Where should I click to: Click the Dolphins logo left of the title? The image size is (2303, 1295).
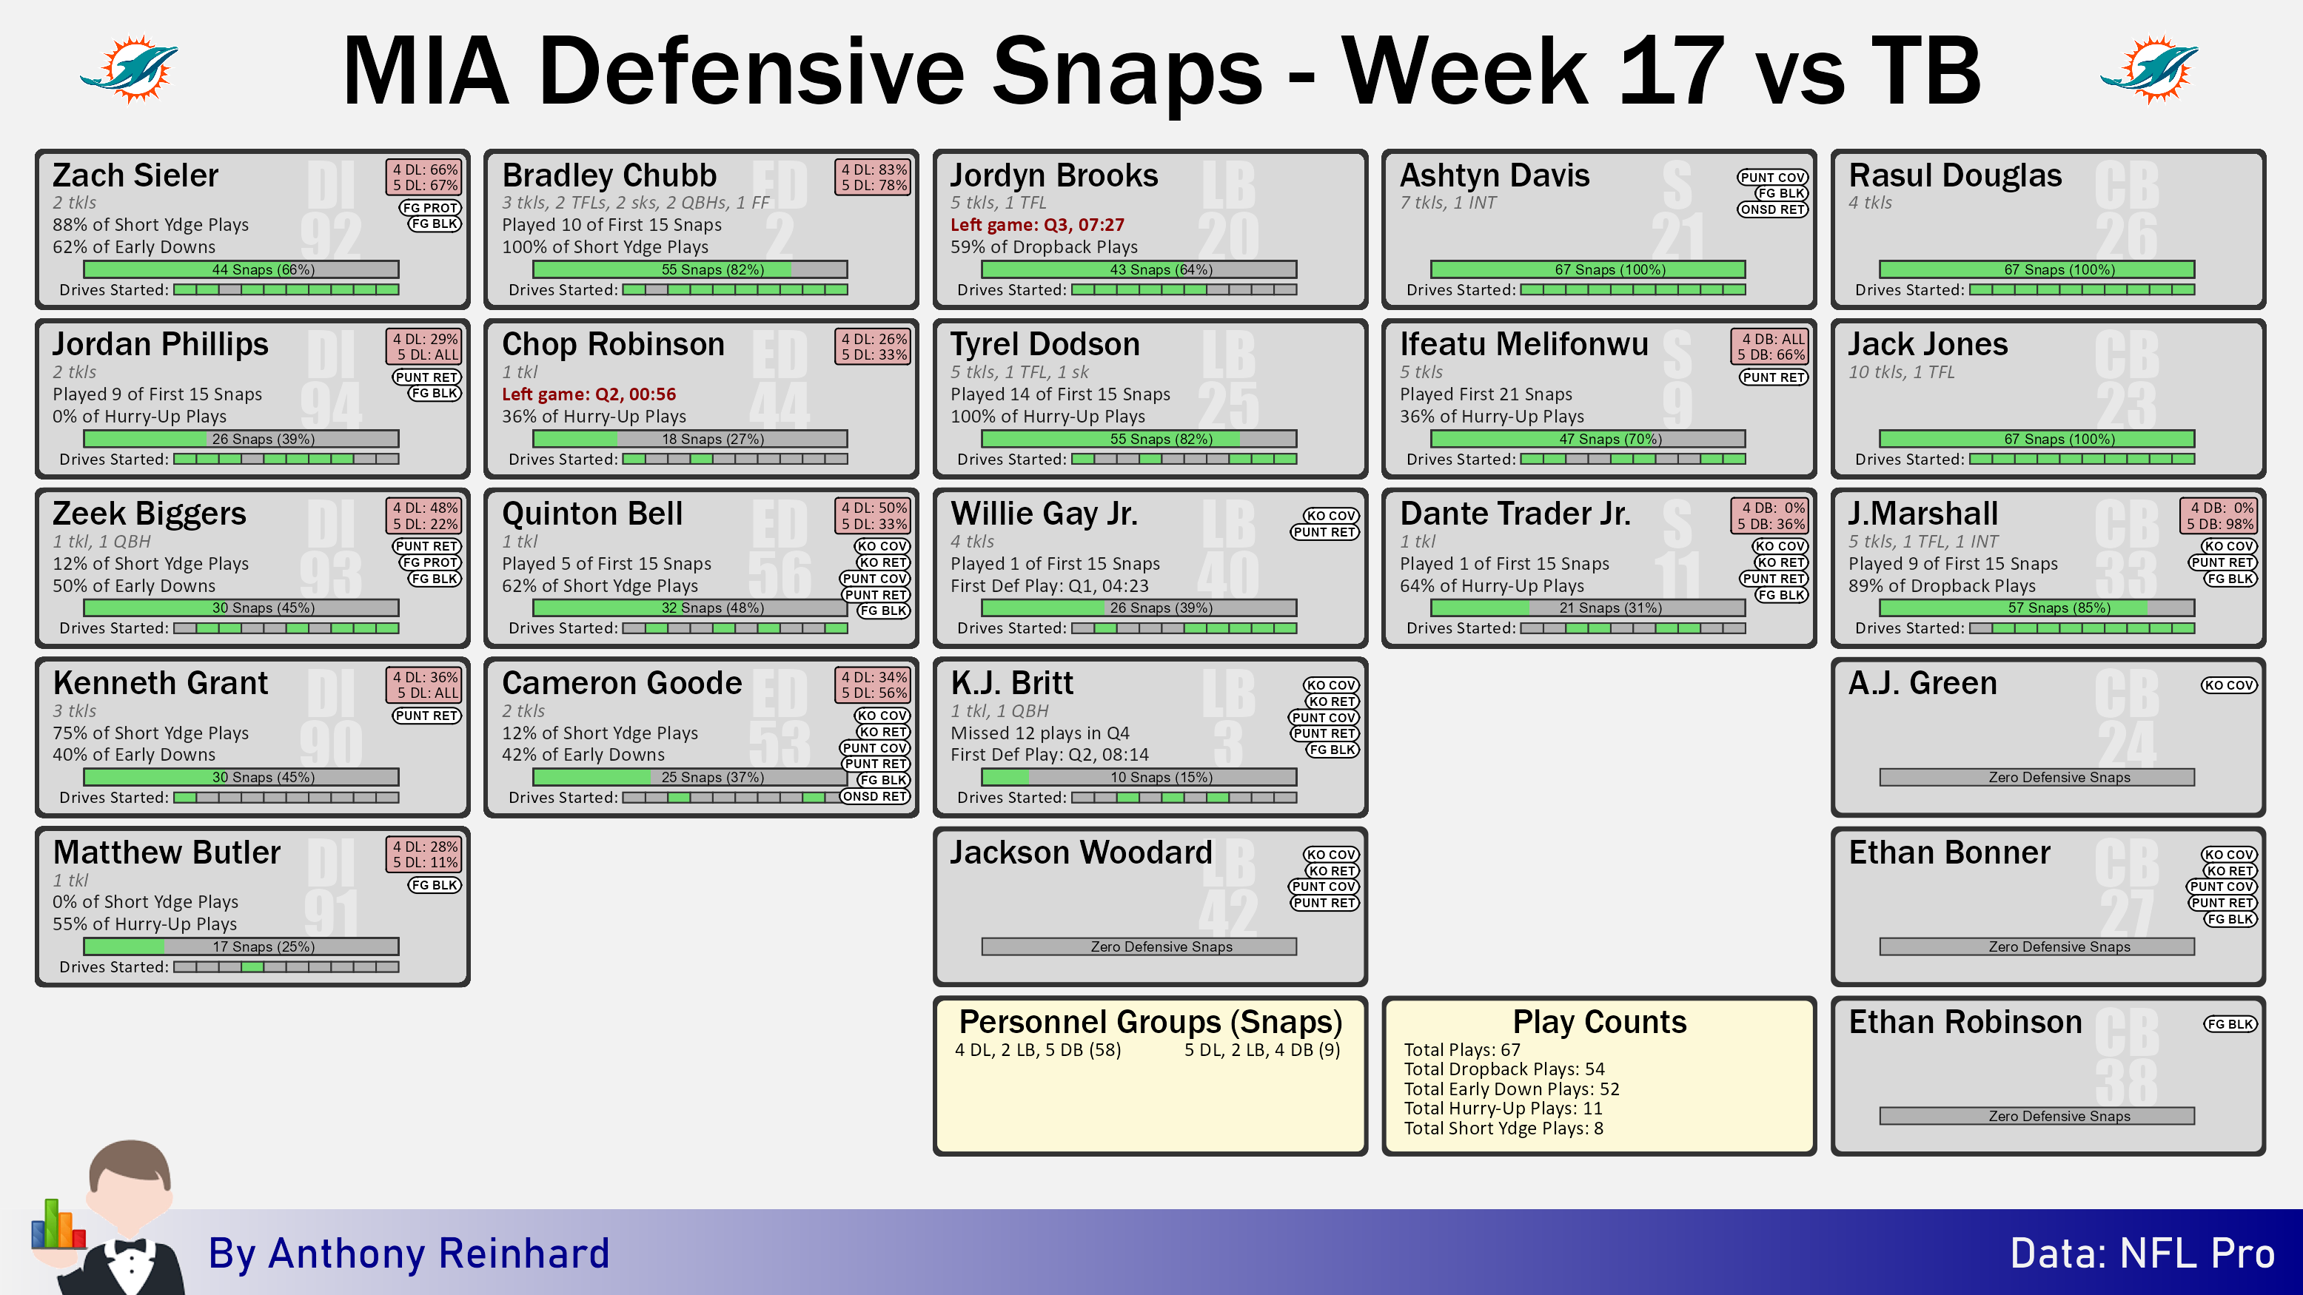tap(130, 69)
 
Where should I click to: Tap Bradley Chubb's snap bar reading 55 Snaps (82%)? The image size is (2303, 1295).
tap(690, 269)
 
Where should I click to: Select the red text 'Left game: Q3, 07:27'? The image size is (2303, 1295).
tap(1037, 224)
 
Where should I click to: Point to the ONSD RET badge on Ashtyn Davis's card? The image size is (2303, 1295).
tap(1773, 210)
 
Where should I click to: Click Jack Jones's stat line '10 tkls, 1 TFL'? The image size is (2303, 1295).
tap(1902, 371)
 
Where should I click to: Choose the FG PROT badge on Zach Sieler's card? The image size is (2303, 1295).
tap(430, 207)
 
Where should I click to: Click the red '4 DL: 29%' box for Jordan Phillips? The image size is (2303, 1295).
tap(426, 339)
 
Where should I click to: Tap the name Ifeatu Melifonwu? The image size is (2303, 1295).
tap(1524, 344)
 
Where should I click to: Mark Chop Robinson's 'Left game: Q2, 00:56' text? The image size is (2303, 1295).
tap(589, 394)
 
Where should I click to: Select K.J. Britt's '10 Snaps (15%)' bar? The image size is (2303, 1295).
tap(1139, 778)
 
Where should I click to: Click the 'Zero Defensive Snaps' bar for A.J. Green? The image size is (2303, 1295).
tap(2037, 778)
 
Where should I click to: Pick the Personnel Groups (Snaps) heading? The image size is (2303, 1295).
tap(1150, 1021)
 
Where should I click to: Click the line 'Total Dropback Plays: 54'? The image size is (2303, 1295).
tap(1505, 1069)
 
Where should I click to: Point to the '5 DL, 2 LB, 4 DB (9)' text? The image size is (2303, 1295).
tap(1262, 1050)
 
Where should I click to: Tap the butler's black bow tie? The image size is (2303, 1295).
tap(130, 1247)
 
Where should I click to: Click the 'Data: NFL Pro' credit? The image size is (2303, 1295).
tap(2142, 1253)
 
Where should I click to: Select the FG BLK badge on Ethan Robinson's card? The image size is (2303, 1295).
tap(2230, 1024)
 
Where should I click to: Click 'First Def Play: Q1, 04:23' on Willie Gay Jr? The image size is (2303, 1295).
tap(1050, 586)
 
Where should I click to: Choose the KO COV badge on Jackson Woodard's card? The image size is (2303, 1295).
tap(1331, 855)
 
